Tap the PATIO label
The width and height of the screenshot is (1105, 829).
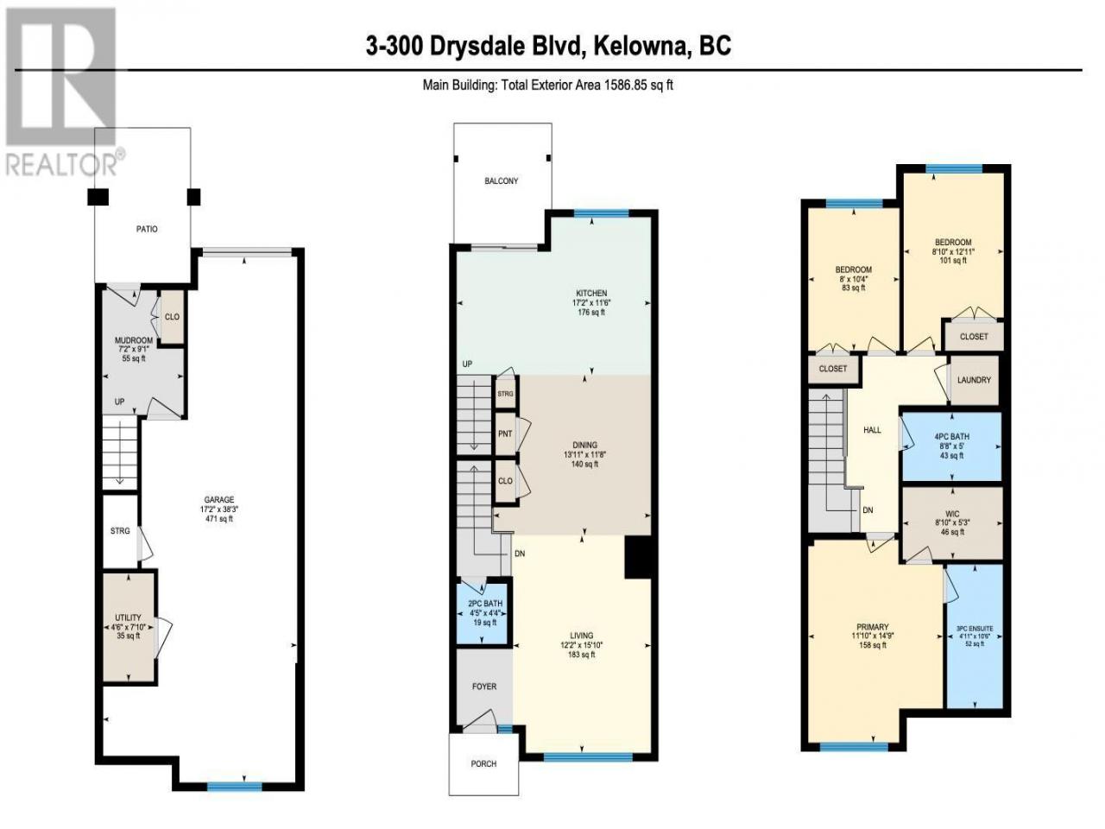coord(147,229)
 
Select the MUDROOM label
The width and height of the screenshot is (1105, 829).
coord(134,341)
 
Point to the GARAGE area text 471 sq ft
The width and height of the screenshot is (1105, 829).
coord(219,518)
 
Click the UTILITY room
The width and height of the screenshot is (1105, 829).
coord(129,627)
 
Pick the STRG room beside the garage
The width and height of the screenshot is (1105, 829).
coord(120,531)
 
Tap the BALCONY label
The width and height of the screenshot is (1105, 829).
coord(501,181)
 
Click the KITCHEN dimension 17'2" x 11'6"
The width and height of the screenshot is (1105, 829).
coord(591,303)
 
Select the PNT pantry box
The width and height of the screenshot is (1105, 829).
coord(505,433)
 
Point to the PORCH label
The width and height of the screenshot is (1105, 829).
coord(483,764)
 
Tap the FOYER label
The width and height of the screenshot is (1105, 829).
coord(484,687)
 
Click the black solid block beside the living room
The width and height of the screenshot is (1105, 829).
coord(638,557)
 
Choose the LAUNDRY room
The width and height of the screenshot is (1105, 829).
coord(974,380)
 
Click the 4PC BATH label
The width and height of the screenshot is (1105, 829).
coord(951,437)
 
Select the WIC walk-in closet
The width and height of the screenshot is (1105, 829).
coord(952,523)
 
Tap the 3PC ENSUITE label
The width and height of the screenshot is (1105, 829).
coord(975,629)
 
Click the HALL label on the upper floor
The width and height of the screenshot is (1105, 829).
coord(872,430)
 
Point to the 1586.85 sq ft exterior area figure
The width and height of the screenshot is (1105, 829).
coord(637,85)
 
